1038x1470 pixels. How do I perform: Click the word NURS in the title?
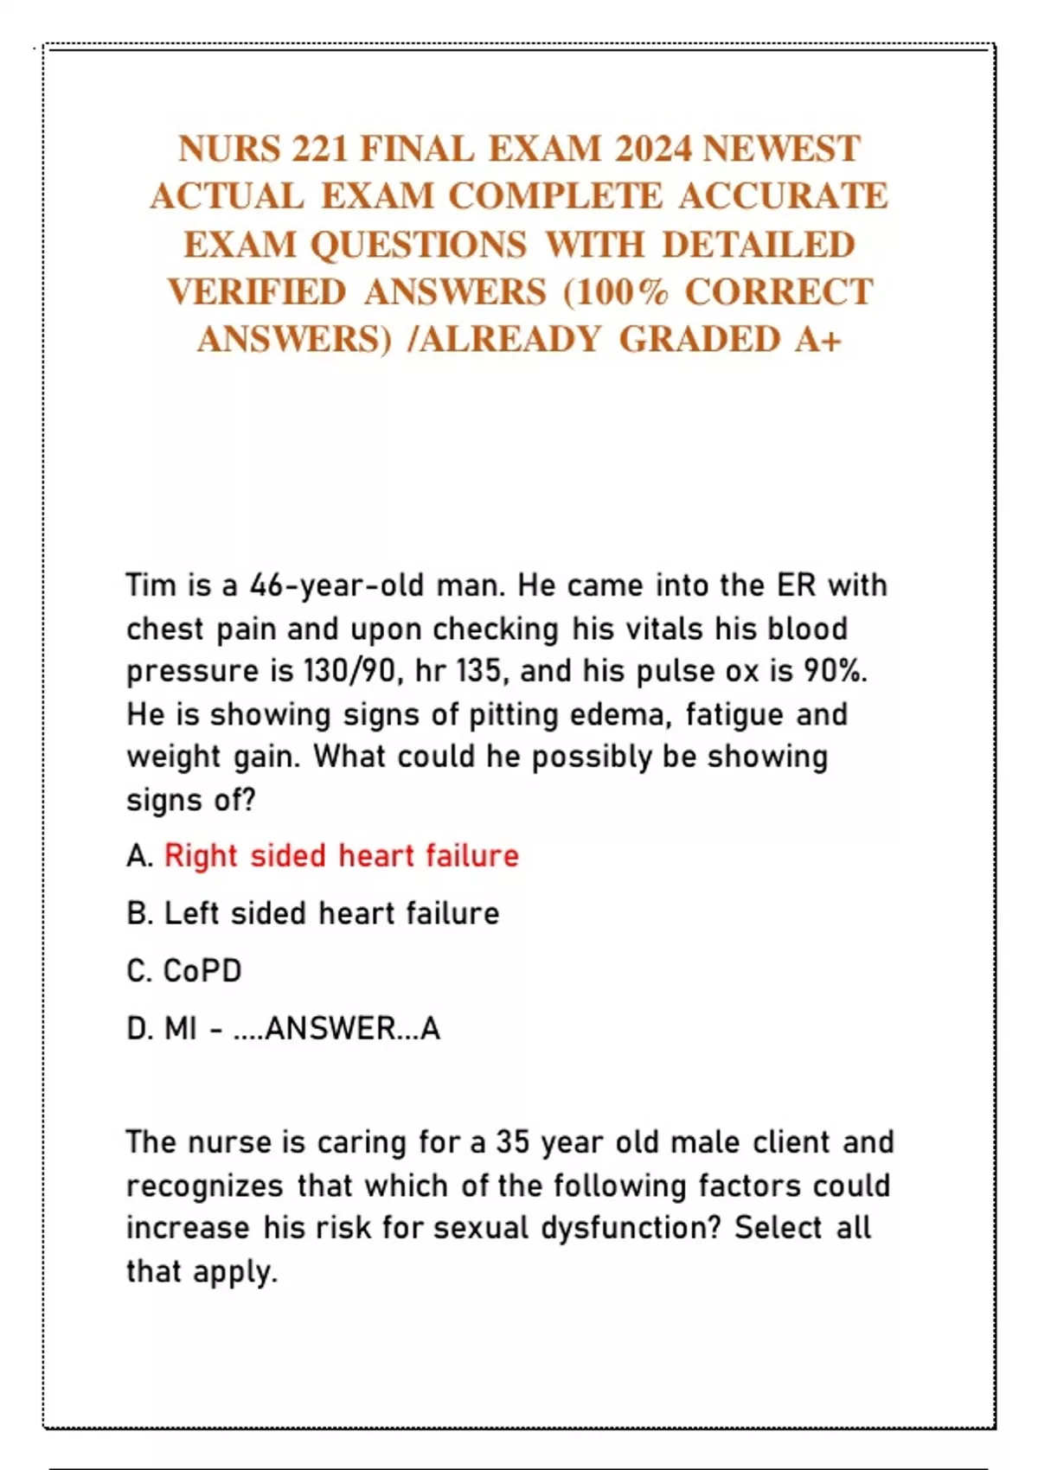pyautogui.click(x=229, y=150)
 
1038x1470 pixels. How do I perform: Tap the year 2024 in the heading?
pyautogui.click(x=654, y=150)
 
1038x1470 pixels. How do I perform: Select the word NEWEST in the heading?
pyautogui.click(x=781, y=150)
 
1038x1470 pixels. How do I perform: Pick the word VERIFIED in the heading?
pyautogui.click(x=257, y=292)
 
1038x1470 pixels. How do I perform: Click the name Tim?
pyautogui.click(x=151, y=585)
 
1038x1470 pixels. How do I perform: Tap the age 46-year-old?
pyautogui.click(x=337, y=585)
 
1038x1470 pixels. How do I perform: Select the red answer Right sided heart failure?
pyautogui.click(x=342, y=856)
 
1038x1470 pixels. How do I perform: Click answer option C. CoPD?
pyautogui.click(x=184, y=971)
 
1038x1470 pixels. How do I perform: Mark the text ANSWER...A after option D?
pyautogui.click(x=352, y=1029)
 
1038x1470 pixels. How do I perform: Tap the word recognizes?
pyautogui.click(x=205, y=1186)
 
